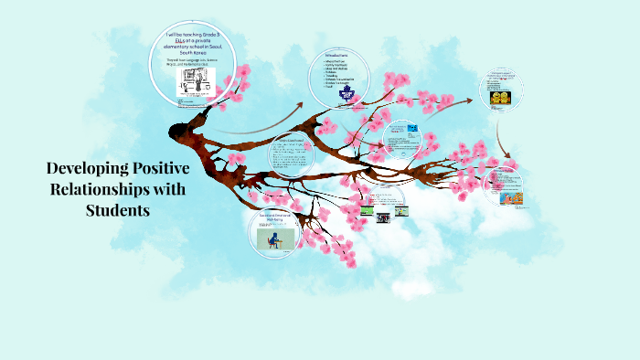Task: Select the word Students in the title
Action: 117,210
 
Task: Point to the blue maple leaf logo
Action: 346,92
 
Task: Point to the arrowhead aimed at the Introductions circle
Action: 301,107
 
